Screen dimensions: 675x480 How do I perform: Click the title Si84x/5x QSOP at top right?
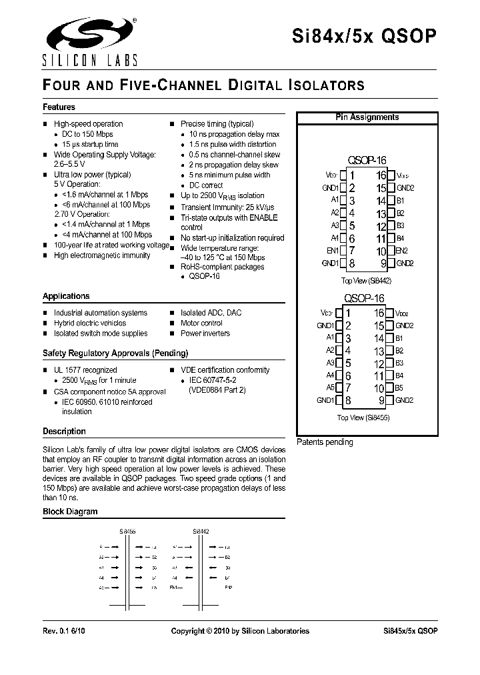365,37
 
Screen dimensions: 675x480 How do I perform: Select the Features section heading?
59,107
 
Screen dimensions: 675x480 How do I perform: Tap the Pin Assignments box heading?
367,117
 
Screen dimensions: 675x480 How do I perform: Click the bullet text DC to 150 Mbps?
87,134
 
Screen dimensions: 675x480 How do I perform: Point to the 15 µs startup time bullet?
90,144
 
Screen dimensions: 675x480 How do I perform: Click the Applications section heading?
66,296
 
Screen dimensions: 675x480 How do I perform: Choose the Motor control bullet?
201,323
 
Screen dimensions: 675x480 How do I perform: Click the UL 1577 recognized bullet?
85,370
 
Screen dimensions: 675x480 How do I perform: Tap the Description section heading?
64,432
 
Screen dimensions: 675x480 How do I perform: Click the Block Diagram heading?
70,512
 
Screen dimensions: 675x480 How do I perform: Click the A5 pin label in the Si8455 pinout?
330,388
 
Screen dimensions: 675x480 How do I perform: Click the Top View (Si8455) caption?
363,418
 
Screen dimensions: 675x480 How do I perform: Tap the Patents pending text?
325,442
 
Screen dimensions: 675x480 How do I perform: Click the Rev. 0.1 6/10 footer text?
64,631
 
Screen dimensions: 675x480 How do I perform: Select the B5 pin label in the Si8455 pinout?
399,388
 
